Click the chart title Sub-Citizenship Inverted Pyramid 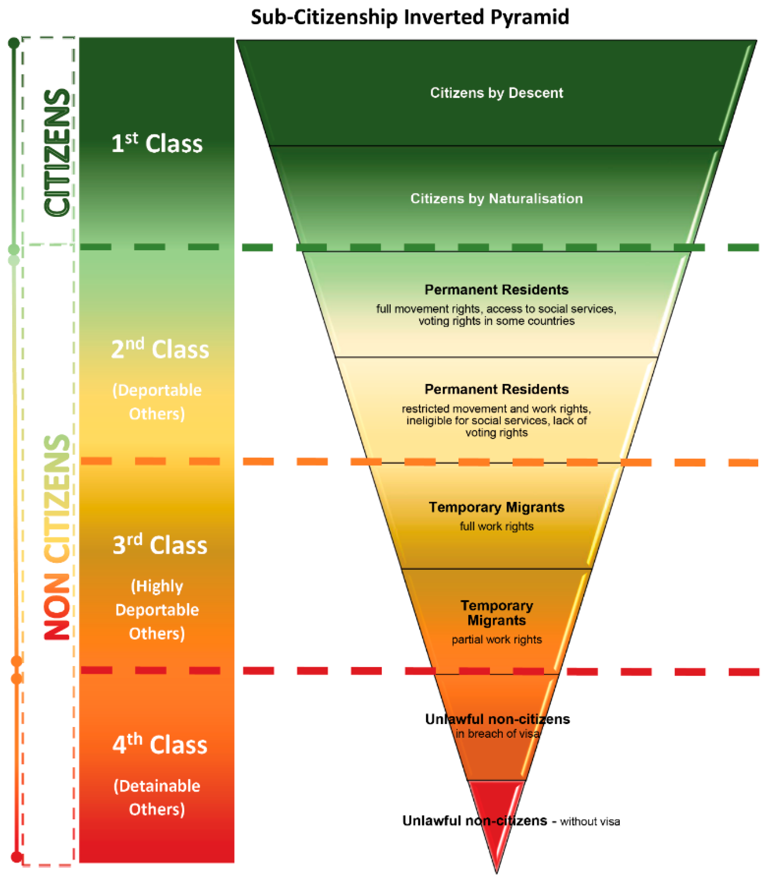(410, 17)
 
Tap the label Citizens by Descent (496, 93)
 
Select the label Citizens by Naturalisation (496, 198)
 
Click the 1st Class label (157, 143)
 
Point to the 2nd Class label (160, 349)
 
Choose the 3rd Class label (160, 545)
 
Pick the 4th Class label (160, 745)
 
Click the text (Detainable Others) (157, 798)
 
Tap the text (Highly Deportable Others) (157, 609)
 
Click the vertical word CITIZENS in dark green (57, 152)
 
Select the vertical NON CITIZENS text (57, 538)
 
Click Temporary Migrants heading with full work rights (496, 507)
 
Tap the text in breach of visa (497, 734)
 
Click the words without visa (590, 822)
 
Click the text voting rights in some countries (496, 321)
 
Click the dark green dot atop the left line (14, 43)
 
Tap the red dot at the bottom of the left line (17, 857)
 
